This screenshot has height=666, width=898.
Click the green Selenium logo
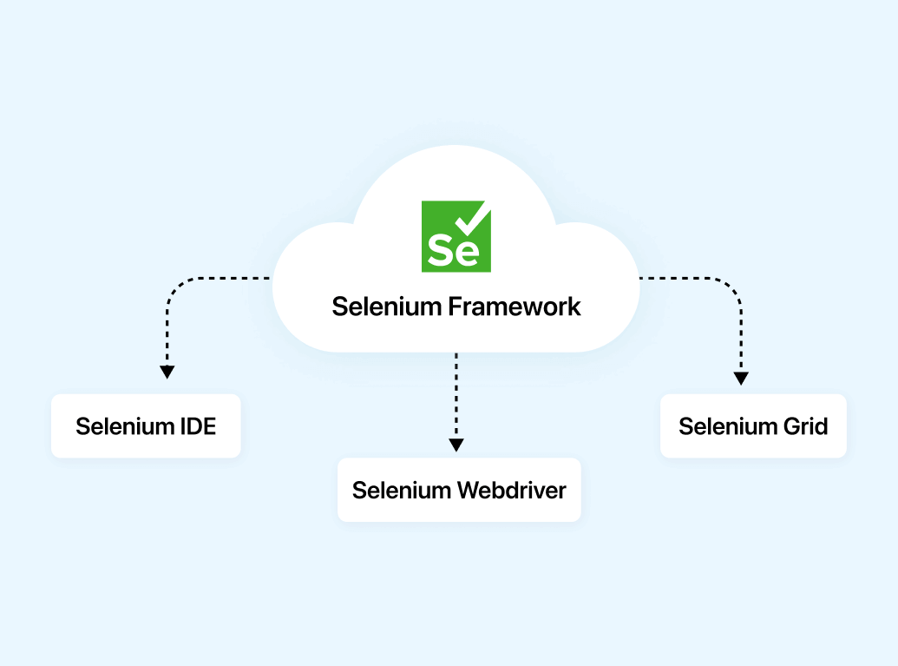click(456, 236)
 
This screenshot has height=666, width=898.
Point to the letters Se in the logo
click(452, 251)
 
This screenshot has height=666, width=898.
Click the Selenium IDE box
click(146, 426)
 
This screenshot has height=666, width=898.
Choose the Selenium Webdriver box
click(458, 490)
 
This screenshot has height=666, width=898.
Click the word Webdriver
click(512, 490)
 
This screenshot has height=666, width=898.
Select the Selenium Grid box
click(752, 426)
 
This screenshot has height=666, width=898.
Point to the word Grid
click(803, 426)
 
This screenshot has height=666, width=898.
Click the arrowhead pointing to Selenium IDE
click(167, 372)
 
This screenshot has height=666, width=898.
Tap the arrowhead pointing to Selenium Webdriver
click(456, 445)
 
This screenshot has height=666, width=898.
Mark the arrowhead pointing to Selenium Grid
click(741, 378)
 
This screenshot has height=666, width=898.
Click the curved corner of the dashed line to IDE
click(174, 287)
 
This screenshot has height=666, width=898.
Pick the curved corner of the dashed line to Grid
click(734, 287)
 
